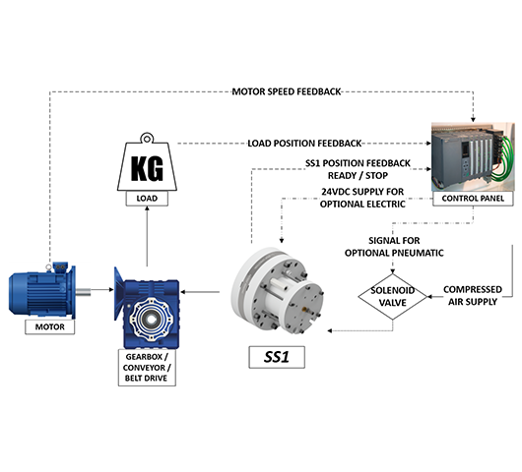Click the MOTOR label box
pos(50,326)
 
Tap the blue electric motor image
pos(42,291)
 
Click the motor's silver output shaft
pos(84,292)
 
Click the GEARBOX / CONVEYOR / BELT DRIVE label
pos(147,368)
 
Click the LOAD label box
pos(147,199)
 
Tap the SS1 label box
pos(277,357)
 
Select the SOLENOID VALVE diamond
pos(393,297)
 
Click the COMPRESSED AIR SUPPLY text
pos(473,296)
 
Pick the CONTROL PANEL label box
pos(473,199)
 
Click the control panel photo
pos(473,157)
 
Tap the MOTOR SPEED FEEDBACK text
pos(287,91)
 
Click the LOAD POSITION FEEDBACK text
pos(304,144)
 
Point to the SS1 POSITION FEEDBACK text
pos(358,163)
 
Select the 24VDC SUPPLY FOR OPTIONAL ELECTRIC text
pos(362,198)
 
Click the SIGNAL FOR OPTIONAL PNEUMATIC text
pos(394,247)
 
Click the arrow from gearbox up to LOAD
pos(147,236)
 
